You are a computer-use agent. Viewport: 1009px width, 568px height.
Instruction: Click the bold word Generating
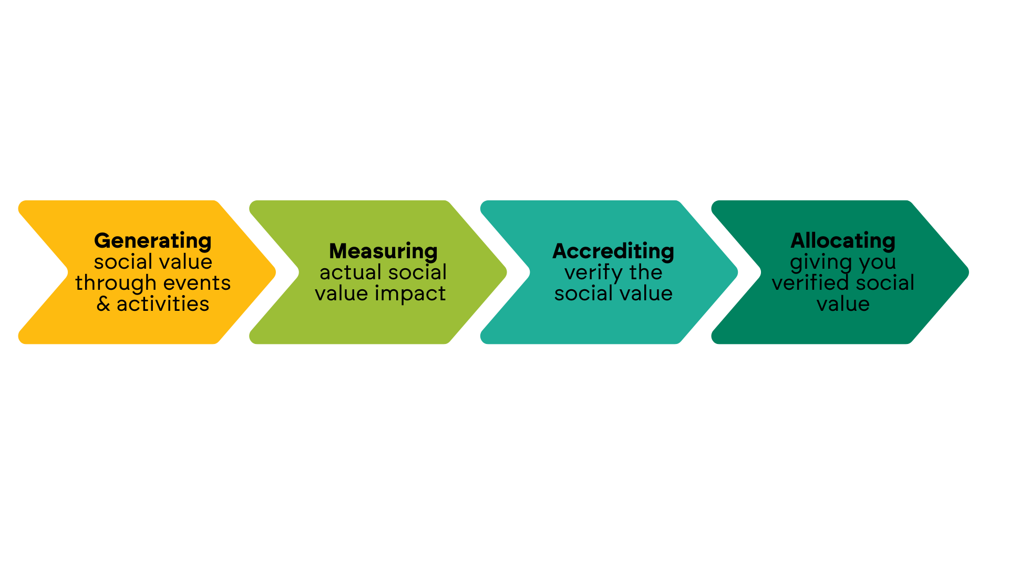[152, 241]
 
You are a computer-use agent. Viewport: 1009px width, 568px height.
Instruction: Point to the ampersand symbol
[104, 304]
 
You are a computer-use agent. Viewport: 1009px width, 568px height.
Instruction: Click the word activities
[163, 304]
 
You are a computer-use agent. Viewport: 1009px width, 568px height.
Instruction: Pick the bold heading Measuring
[383, 251]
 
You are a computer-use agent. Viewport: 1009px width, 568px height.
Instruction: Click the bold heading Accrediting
[613, 251]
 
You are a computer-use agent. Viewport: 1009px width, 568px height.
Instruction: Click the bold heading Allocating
[843, 241]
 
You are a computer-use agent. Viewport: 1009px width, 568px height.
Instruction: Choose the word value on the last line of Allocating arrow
[843, 304]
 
